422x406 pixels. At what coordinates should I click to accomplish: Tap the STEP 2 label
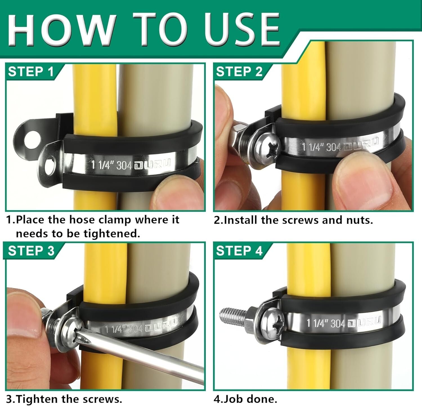tap(239, 72)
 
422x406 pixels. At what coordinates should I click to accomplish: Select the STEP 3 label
tap(31, 251)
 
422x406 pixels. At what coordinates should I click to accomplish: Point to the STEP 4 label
tap(239, 251)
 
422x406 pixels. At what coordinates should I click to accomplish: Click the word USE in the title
tap(242, 30)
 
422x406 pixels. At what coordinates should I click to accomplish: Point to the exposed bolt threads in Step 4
tap(232, 315)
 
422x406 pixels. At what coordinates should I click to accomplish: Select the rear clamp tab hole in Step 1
tap(31, 140)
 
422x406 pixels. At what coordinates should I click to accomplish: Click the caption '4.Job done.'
tap(245, 399)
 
